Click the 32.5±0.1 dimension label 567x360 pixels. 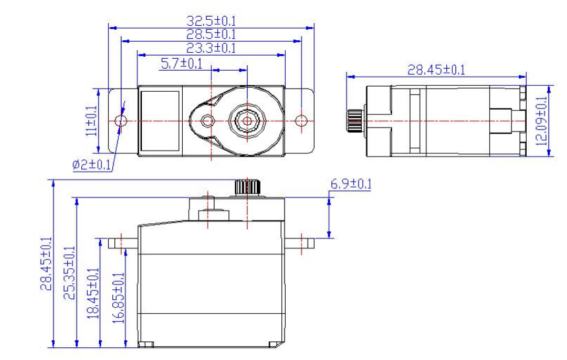tap(211, 20)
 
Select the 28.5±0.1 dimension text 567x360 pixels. tap(211, 34)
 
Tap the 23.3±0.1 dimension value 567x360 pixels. tap(211, 48)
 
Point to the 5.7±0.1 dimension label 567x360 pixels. tap(182, 63)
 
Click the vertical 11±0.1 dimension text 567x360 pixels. tap(92, 121)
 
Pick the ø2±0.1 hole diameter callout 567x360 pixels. tap(92, 165)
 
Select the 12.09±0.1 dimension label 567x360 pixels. tap(541, 121)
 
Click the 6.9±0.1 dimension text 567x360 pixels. tap(350, 184)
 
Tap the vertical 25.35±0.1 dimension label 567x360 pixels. tap(69, 273)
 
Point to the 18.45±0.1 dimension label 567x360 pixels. tap(93, 293)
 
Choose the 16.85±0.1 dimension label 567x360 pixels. tap(118, 298)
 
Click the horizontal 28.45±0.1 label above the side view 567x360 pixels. tap(436, 70)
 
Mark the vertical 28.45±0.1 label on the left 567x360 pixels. tap(46, 264)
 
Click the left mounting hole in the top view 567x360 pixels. tap(121, 121)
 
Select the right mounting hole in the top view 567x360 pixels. tap(301, 121)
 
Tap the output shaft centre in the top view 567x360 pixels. tap(247, 121)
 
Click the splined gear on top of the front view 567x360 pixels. tap(248, 187)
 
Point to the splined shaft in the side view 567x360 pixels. tap(354, 121)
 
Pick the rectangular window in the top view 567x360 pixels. tap(160, 121)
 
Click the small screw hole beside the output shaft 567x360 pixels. tap(207, 121)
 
